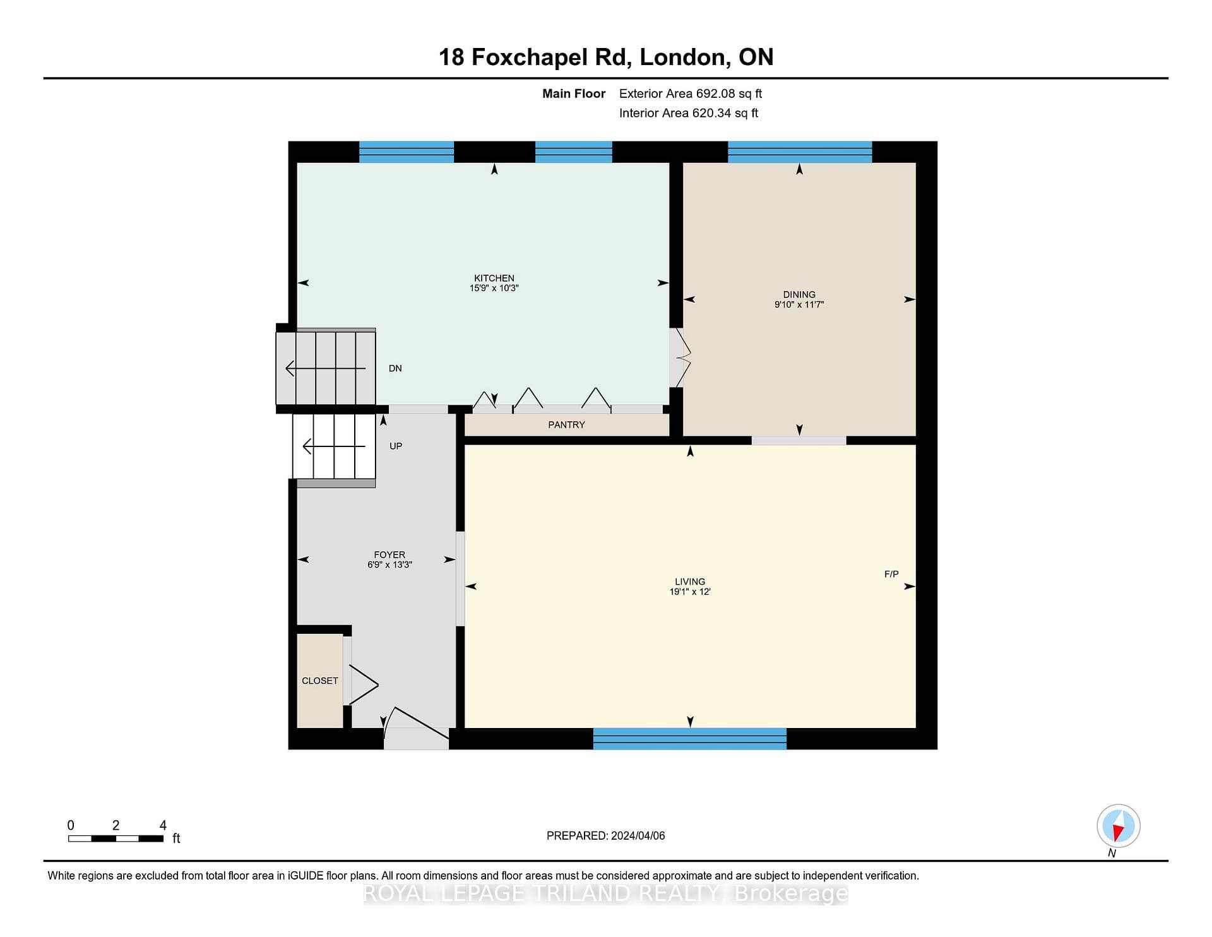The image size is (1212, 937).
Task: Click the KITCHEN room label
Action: [x=494, y=278]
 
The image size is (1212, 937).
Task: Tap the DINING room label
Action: [x=799, y=294]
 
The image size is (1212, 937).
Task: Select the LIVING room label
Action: [x=690, y=582]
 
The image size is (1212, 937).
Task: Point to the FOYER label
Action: [x=389, y=555]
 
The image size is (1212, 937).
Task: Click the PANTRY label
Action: [x=566, y=425]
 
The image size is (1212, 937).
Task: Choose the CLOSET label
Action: [x=320, y=681]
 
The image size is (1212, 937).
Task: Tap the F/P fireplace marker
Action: [x=891, y=574]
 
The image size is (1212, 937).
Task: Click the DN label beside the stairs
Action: [x=395, y=368]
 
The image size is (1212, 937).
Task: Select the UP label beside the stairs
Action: [x=396, y=446]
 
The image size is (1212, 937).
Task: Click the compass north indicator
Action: [x=1119, y=827]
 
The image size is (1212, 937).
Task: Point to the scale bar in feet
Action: [x=116, y=839]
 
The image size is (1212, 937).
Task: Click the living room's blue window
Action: [x=690, y=739]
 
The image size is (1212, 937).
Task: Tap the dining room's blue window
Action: [x=800, y=152]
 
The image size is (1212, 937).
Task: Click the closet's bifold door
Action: [x=363, y=684]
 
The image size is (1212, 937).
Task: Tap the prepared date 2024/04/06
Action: [x=638, y=835]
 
